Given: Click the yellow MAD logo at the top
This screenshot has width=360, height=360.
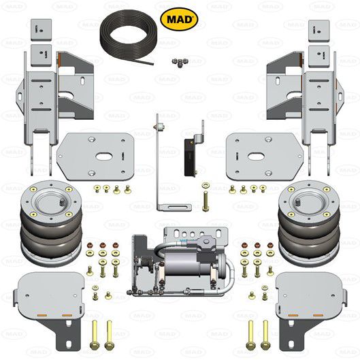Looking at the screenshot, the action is [x=179, y=19].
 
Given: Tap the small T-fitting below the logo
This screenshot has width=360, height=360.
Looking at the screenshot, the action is [x=179, y=63].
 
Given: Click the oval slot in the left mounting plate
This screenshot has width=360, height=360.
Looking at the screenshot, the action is [x=103, y=157].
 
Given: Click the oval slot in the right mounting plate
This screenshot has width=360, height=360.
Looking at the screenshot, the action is [x=256, y=157].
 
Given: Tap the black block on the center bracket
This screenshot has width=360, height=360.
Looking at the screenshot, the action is [x=190, y=157].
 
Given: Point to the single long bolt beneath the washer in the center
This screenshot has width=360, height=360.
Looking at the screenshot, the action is [x=206, y=201].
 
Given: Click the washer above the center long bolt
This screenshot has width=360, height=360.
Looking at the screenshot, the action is [x=206, y=185].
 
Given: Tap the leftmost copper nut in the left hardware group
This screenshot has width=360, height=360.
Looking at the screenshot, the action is [x=90, y=245].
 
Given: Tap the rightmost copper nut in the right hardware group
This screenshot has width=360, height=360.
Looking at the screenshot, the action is [x=270, y=245].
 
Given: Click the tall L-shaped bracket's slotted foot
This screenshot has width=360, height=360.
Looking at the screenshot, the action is [x=174, y=208].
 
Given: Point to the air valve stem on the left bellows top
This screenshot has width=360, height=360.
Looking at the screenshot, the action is [x=61, y=202].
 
